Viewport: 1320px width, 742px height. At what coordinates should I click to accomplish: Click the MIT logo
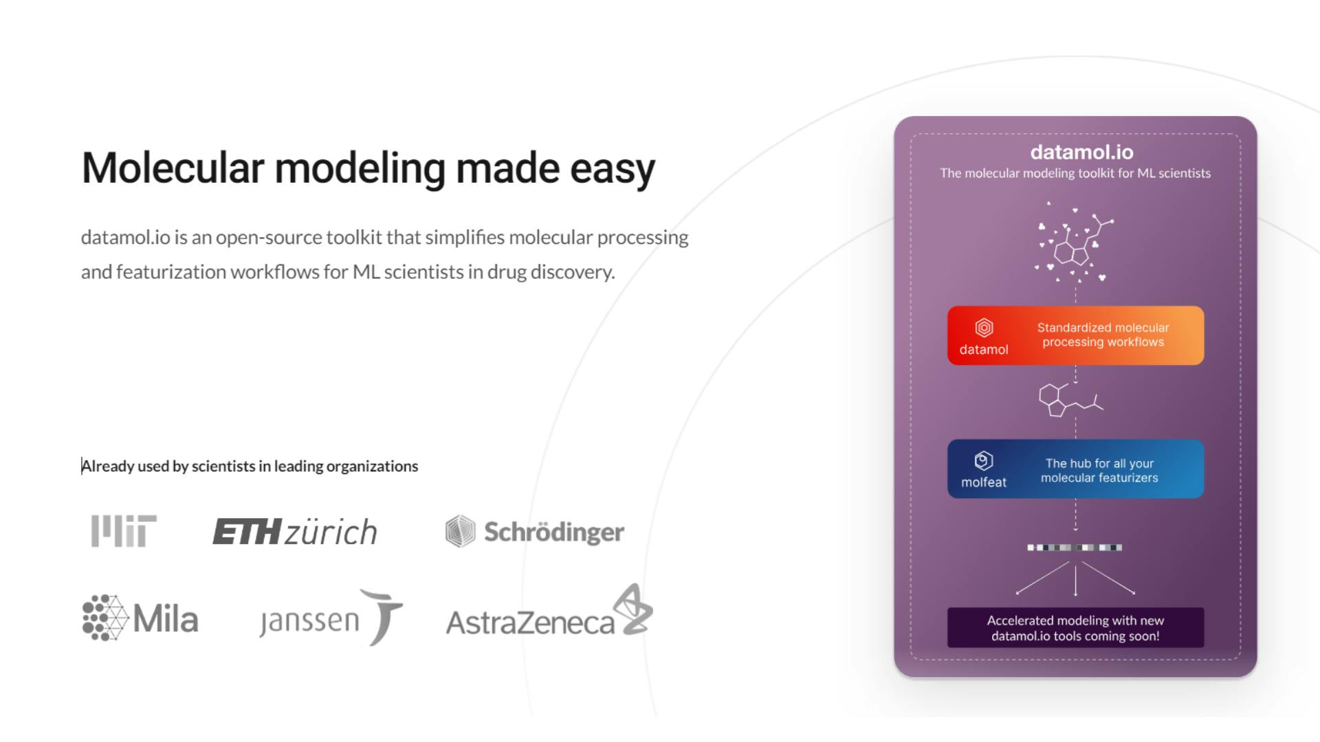tap(124, 531)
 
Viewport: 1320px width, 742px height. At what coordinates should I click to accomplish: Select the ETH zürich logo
tap(295, 532)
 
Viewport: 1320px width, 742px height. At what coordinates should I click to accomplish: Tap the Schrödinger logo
tap(535, 531)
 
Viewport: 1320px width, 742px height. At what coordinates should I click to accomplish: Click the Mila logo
tap(140, 618)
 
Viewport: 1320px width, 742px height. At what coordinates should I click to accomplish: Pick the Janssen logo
tap(331, 617)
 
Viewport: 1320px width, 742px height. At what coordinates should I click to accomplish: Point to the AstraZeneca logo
tap(549, 611)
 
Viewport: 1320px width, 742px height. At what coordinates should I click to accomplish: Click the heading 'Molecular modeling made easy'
tap(368, 168)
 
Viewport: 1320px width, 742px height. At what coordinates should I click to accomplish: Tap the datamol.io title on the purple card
tap(1081, 152)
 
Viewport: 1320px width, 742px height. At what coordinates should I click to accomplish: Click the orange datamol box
tap(1075, 335)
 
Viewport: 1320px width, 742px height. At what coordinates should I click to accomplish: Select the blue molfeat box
tap(1075, 469)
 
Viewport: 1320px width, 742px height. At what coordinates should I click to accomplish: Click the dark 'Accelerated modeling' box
tap(1075, 627)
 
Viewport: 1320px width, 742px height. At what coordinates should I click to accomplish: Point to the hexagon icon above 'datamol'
tap(984, 328)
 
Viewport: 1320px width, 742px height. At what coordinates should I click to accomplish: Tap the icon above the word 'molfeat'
tap(984, 460)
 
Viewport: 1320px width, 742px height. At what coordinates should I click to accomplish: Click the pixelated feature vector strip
tap(1075, 548)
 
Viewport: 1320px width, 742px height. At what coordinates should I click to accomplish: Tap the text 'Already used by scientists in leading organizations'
tap(250, 466)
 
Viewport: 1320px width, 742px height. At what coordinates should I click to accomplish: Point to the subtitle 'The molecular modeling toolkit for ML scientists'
tap(1075, 173)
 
